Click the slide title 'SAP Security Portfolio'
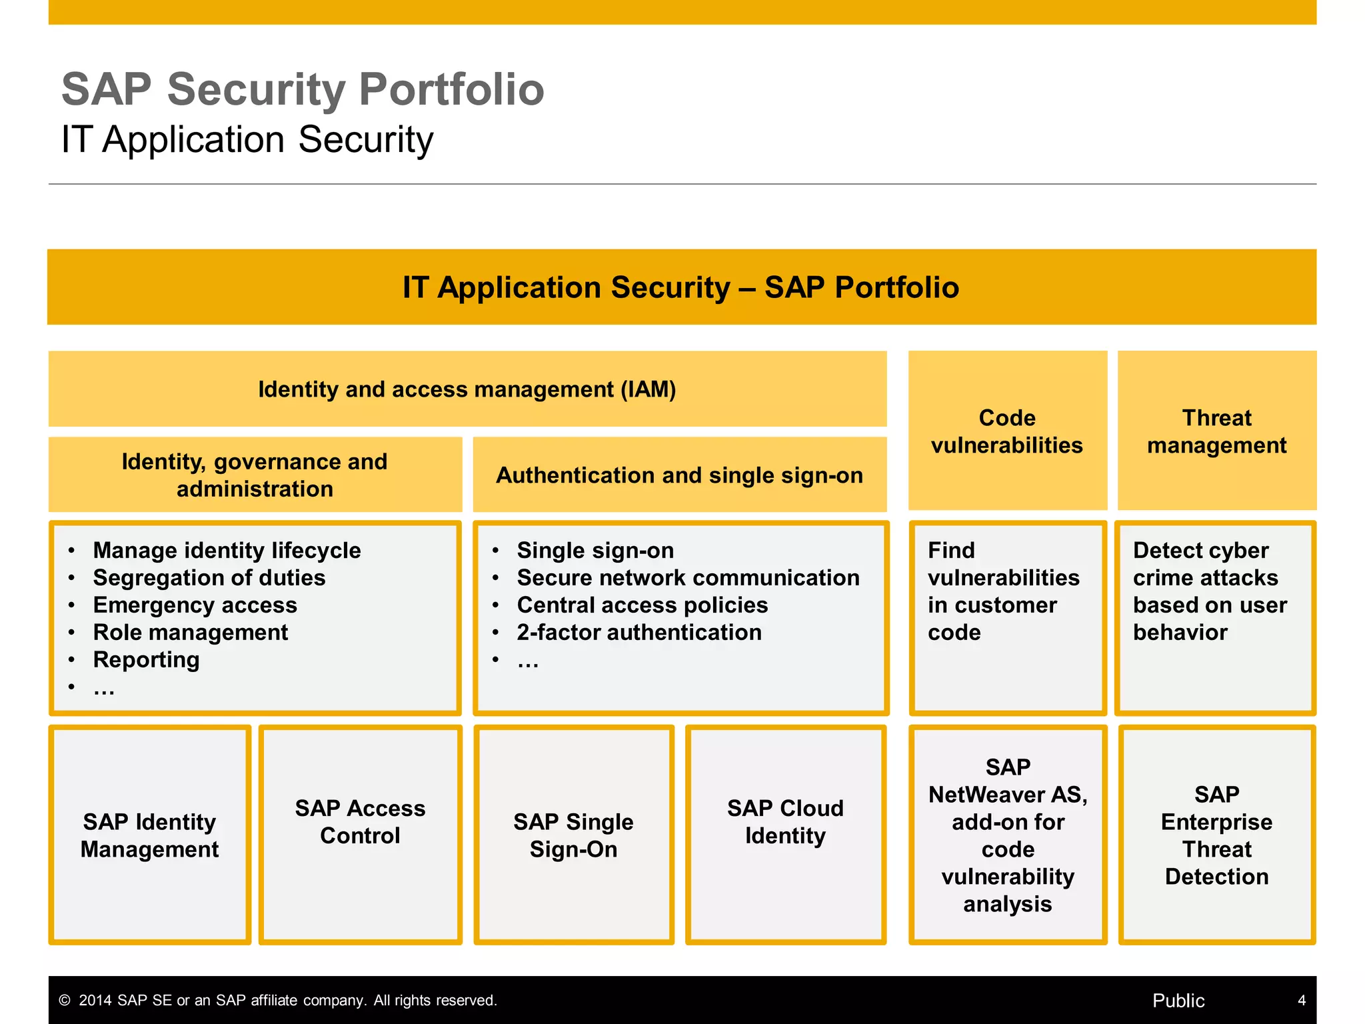coord(303,89)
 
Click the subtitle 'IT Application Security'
coord(247,140)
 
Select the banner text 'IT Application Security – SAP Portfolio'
coord(681,287)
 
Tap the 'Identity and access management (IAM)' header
coord(467,389)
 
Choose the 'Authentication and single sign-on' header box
coord(679,475)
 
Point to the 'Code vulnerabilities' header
coord(1006,431)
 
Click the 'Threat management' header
coord(1216,431)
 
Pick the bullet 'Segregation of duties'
coord(209,578)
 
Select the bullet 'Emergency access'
coord(195,605)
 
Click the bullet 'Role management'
coord(190,633)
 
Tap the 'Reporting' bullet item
coord(146,660)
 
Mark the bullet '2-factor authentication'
coord(639,633)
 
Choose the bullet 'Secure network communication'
coord(688,578)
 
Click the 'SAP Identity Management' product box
coord(150,835)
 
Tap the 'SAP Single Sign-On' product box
coord(573,835)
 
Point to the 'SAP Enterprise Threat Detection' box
coord(1216,835)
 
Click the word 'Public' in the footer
coord(1178,1001)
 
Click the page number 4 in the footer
coord(1301,1001)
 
